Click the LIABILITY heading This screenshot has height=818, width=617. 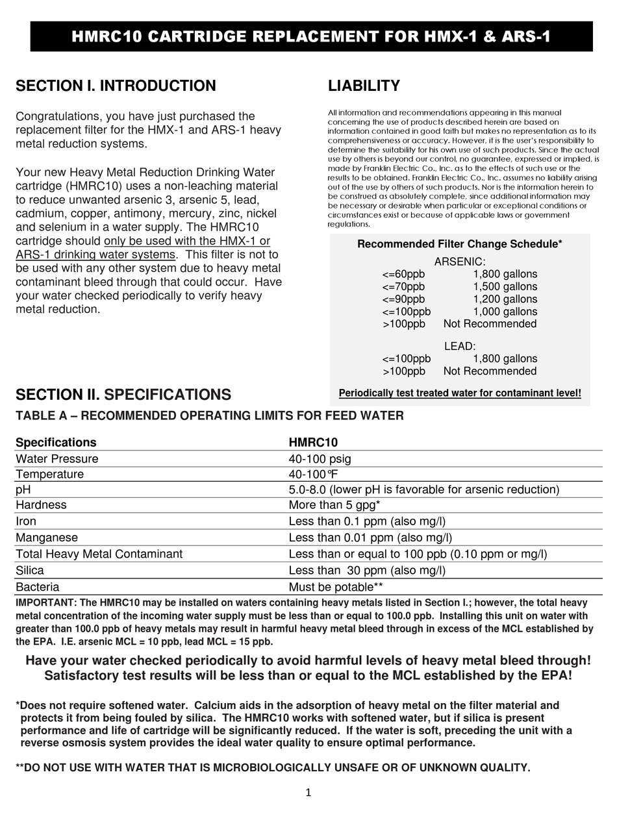pos(364,86)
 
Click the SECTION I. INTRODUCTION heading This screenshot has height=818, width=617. pos(116,86)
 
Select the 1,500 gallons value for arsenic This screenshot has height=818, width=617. pos(505,286)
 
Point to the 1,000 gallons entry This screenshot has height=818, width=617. pos(505,311)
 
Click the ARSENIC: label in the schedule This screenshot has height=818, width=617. pos(460,262)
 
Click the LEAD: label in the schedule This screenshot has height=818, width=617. pos(460,347)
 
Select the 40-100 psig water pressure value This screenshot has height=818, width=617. pos(320,459)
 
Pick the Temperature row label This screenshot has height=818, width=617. pos(49,474)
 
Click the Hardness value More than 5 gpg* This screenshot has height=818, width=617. pos(334,504)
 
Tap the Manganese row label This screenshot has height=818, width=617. pos(46,538)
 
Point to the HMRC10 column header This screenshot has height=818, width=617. pos(313,442)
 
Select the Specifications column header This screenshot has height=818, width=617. pos(56,442)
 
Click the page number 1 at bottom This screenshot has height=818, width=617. pos(308,792)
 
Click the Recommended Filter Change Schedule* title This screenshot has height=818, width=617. pos(460,244)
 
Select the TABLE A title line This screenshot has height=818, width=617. pos(209,415)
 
